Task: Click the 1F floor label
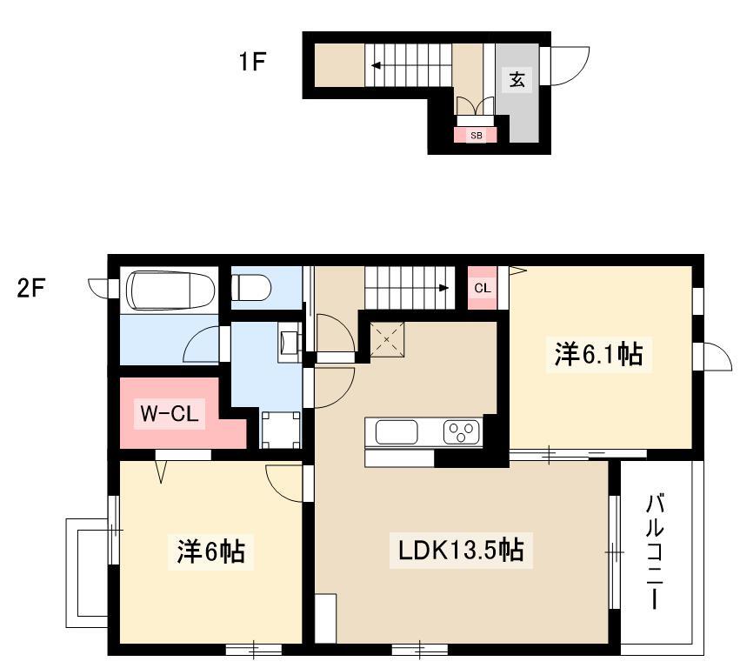[252, 62]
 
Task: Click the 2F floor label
[31, 288]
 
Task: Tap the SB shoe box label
[477, 136]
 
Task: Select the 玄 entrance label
[517, 79]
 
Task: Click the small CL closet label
[483, 288]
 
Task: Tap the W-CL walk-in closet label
[170, 414]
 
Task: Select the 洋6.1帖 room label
[598, 355]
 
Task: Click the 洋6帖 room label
[210, 551]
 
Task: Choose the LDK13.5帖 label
[461, 551]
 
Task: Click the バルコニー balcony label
[655, 551]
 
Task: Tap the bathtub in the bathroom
[173, 289]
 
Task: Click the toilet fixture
[250, 288]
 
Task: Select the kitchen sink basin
[397, 432]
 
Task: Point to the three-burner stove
[461, 432]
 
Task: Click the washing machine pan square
[281, 430]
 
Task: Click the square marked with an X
[386, 339]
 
